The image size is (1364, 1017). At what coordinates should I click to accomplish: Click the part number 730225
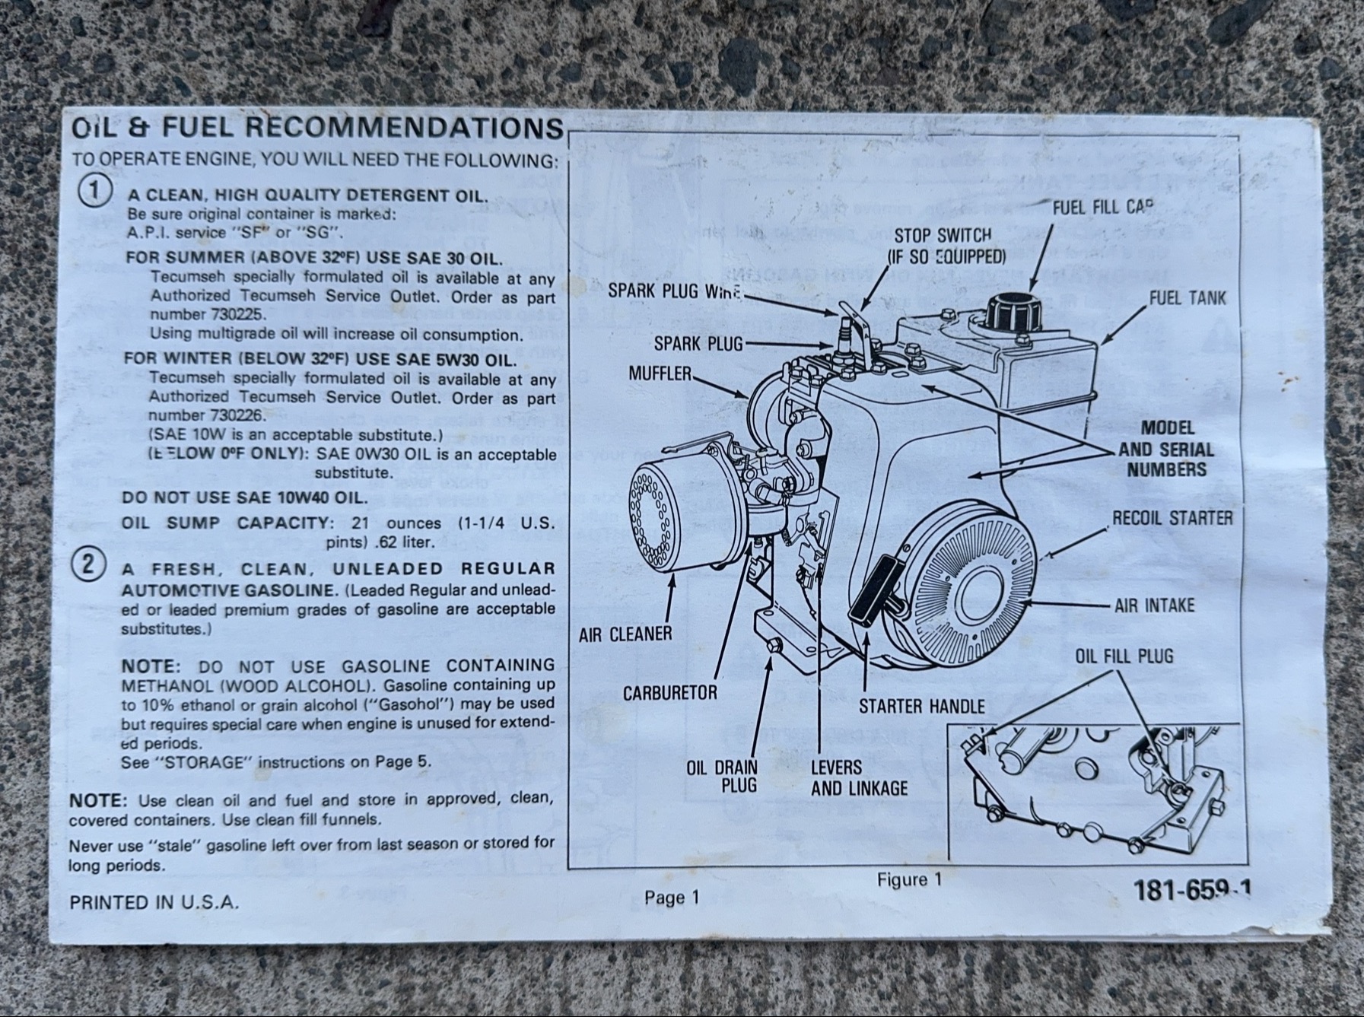[234, 315]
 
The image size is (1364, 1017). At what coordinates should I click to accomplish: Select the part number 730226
[234, 415]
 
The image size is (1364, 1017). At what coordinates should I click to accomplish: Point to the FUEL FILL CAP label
[1102, 207]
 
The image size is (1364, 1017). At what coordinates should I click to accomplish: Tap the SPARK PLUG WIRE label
[674, 291]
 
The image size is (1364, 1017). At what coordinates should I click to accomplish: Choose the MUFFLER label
[660, 373]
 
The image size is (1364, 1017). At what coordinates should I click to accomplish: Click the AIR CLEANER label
[625, 634]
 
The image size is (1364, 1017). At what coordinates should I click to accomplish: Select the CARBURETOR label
[669, 693]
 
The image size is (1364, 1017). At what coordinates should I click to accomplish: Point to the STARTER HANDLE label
[921, 707]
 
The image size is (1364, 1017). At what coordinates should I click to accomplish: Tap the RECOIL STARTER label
[1172, 518]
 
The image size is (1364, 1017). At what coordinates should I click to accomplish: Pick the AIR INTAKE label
[1154, 605]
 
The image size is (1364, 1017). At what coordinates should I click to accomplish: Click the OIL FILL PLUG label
[1124, 656]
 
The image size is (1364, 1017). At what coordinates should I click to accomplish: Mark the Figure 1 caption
[909, 880]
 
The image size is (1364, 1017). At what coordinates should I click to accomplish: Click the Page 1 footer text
[671, 898]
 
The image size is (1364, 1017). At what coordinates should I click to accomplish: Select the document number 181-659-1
[1192, 889]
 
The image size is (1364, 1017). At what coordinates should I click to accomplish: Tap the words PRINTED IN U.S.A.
[154, 903]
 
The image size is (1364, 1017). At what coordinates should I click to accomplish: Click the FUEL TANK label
[1187, 297]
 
